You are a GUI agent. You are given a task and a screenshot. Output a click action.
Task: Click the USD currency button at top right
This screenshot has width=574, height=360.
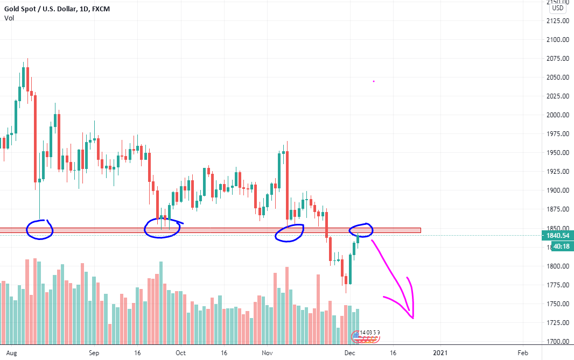tap(557, 8)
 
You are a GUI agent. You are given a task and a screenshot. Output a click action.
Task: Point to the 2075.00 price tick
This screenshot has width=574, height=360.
tap(558, 58)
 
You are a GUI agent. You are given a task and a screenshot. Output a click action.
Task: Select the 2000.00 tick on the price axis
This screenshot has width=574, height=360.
tap(558, 115)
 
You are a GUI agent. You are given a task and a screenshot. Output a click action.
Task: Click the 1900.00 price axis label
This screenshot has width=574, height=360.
tap(558, 190)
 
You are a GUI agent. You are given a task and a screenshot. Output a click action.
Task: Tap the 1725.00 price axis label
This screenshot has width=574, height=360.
tap(558, 323)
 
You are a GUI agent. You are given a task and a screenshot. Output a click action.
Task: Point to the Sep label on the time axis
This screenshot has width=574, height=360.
tap(94, 353)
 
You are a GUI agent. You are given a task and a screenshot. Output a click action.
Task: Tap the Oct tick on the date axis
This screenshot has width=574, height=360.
tap(180, 353)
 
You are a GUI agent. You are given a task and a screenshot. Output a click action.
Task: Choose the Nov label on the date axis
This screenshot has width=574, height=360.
tap(267, 353)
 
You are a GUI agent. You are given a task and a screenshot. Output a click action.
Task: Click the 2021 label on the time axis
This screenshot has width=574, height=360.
tap(440, 353)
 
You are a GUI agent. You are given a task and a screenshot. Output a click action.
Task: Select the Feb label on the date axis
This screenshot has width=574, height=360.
tap(522, 353)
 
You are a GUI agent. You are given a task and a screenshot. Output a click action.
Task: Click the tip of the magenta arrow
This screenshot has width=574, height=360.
tap(413, 318)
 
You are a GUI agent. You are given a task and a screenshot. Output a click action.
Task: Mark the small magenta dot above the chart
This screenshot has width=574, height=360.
tap(374, 81)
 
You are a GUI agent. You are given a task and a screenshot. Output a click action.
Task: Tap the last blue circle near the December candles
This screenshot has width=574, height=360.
tap(360, 230)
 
